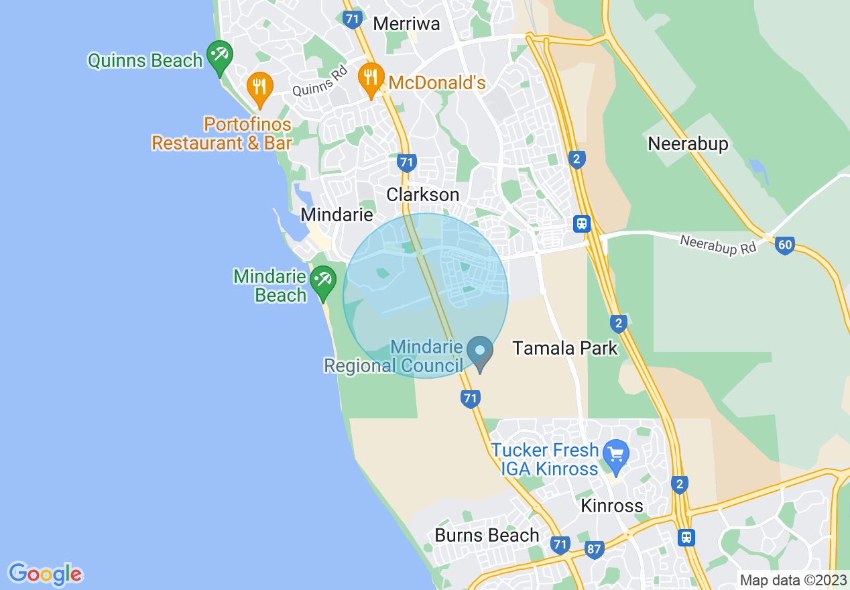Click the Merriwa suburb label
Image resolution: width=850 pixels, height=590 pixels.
click(x=406, y=24)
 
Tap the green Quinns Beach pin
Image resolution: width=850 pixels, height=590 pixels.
click(x=219, y=57)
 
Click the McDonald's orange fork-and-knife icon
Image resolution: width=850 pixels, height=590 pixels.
click(x=371, y=79)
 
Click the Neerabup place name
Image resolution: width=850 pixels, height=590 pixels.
click(x=688, y=144)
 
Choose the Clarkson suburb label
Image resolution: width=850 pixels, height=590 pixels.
click(x=423, y=195)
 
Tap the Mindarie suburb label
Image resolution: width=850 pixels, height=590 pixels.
click(x=337, y=215)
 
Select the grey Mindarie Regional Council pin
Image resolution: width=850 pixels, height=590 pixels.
click(x=480, y=353)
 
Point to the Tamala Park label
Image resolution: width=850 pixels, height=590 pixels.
click(x=565, y=348)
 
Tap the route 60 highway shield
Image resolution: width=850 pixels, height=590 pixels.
click(x=785, y=245)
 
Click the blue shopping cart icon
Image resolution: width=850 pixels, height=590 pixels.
click(x=615, y=455)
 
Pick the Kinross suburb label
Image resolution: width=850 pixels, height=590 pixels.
click(x=611, y=506)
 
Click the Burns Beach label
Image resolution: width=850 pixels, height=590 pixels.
click(x=487, y=536)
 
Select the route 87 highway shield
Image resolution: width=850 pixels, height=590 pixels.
click(x=594, y=549)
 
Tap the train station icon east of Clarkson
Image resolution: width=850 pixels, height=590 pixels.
click(x=582, y=223)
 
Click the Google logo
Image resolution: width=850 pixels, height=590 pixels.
click(x=46, y=574)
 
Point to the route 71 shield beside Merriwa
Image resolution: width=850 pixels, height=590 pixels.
click(x=352, y=19)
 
